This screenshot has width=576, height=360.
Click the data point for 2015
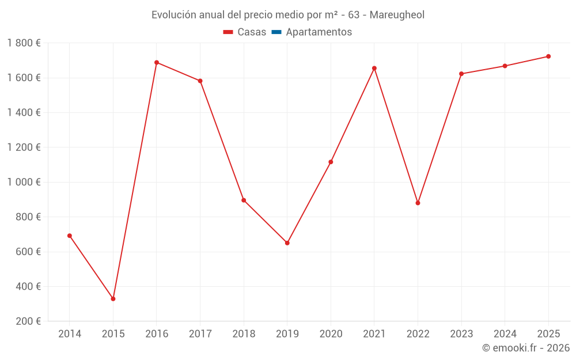[x=113, y=299]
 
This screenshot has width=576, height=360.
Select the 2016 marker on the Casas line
[x=157, y=62]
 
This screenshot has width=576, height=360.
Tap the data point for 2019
[x=287, y=243]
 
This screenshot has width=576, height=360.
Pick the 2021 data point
[x=374, y=68]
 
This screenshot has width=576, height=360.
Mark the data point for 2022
[x=418, y=203]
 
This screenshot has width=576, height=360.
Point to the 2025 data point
[x=548, y=56]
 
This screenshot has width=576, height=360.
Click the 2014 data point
[x=70, y=236]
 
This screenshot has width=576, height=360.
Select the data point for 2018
[x=244, y=200]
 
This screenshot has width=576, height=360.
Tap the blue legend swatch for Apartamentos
[x=276, y=32]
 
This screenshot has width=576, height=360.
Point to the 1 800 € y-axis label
[x=24, y=43]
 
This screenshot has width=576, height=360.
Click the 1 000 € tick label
[x=24, y=182]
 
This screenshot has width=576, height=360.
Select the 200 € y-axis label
[x=29, y=321]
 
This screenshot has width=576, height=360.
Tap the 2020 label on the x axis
[x=331, y=334]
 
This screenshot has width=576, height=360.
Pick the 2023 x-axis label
[x=461, y=334]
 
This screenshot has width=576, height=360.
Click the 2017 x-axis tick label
[x=200, y=334]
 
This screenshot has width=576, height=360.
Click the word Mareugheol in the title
[x=397, y=15]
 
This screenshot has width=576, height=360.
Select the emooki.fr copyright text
[x=526, y=348]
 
